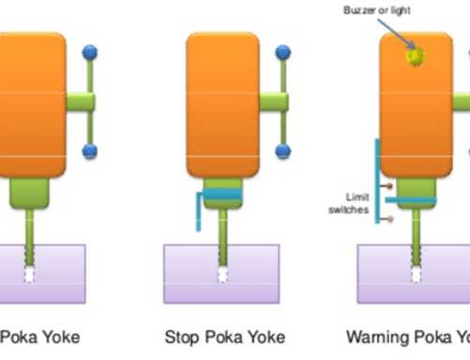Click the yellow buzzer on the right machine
[x=415, y=56]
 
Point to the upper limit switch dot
[x=389, y=185]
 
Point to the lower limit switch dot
[x=389, y=219]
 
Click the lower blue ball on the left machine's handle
[x=90, y=150]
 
